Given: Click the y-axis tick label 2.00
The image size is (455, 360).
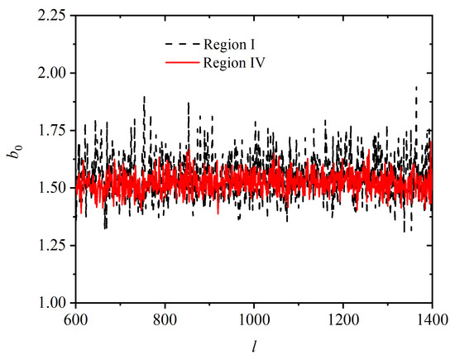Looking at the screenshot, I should [54, 72].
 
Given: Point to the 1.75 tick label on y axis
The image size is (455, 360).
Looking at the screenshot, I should [54, 130].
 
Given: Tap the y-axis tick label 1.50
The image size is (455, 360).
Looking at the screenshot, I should [54, 188].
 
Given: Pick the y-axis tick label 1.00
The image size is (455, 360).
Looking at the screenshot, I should [54, 304].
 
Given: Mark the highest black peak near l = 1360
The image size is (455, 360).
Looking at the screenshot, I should [416, 86].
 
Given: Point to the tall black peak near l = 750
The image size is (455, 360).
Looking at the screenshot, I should [144, 96].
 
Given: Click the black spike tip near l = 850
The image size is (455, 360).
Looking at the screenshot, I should [188, 103].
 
